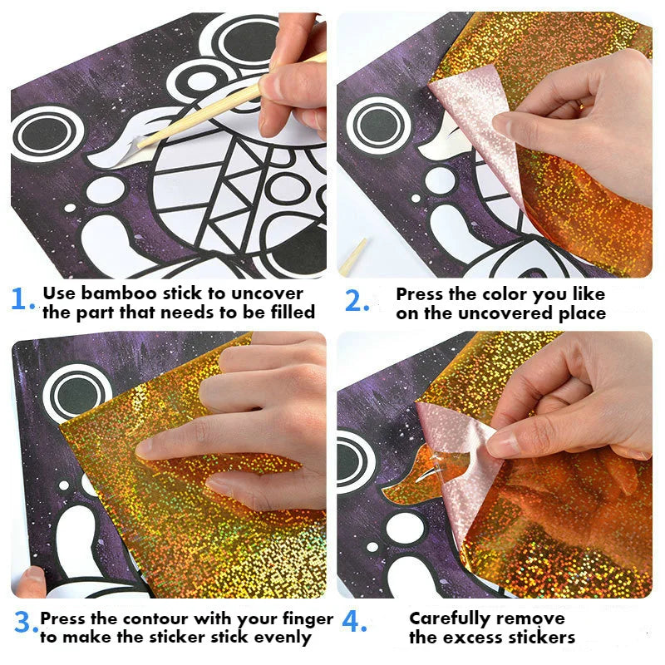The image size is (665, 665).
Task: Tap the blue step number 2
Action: pyautogui.click(x=357, y=301)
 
